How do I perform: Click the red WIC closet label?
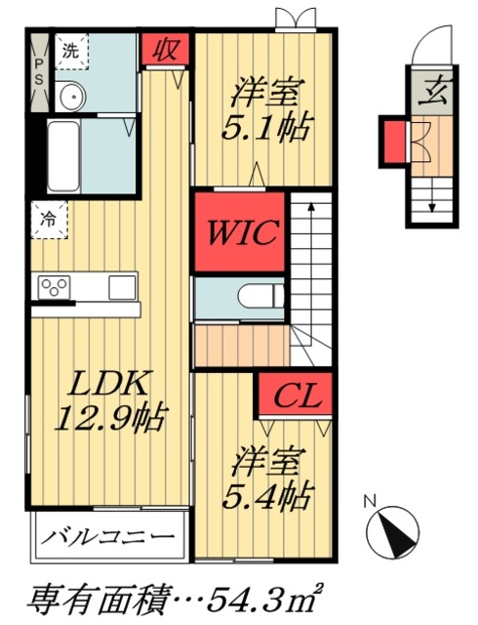point(241,234)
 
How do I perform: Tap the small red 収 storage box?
point(160,49)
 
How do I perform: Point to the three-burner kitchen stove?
point(53,287)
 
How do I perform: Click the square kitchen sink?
point(121,287)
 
